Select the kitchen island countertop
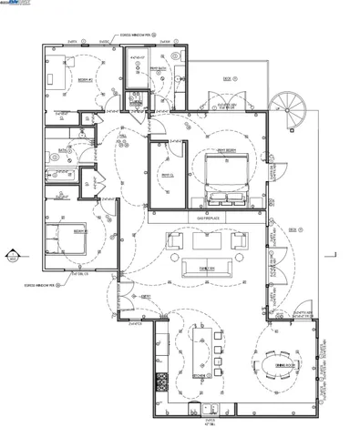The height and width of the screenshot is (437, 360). [x=201, y=351]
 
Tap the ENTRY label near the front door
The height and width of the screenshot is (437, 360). [x=145, y=297]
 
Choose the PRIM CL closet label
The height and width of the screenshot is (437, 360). [x=166, y=175]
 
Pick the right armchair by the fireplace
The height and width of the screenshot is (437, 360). [x=240, y=240]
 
